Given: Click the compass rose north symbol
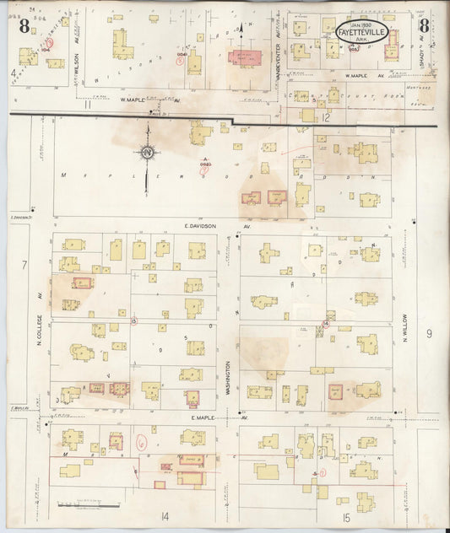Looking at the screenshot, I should (x=147, y=152).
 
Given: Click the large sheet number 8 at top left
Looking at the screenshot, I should (x=24, y=25).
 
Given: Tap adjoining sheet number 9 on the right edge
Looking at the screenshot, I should (x=429, y=334).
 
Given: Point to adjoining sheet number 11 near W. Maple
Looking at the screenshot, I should (x=86, y=104).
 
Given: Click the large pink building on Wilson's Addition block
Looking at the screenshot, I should (x=245, y=59).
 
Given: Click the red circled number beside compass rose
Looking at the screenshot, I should (x=203, y=169).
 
